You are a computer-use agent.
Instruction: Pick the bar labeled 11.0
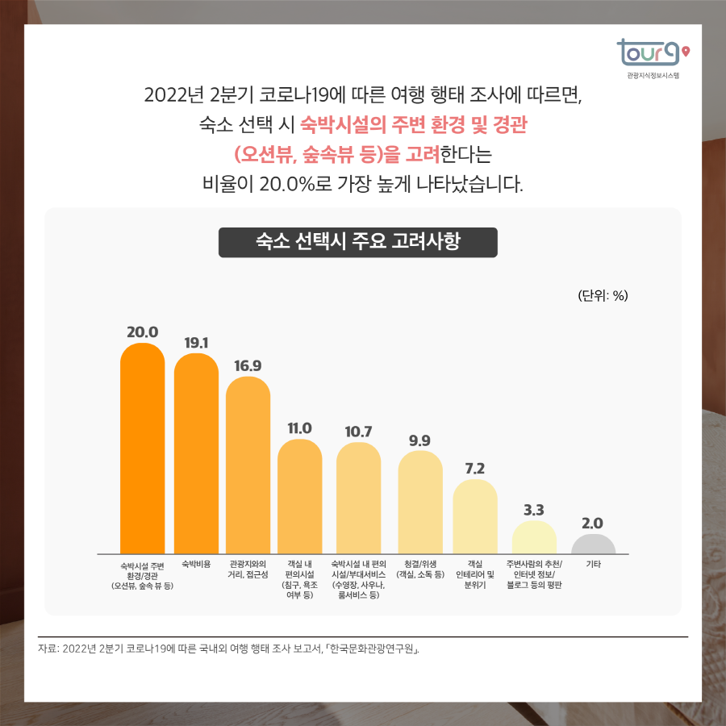(x=299, y=496)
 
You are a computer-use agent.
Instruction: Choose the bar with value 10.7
(x=358, y=498)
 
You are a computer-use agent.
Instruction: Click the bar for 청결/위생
(x=419, y=502)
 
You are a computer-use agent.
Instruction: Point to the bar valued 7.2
(x=475, y=516)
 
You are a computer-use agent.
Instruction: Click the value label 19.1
(x=196, y=343)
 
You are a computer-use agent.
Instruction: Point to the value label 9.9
(x=419, y=440)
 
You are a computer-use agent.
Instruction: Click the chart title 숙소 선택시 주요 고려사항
(x=357, y=242)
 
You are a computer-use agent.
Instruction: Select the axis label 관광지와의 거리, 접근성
(x=248, y=570)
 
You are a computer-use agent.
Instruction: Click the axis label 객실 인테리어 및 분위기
(x=475, y=574)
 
